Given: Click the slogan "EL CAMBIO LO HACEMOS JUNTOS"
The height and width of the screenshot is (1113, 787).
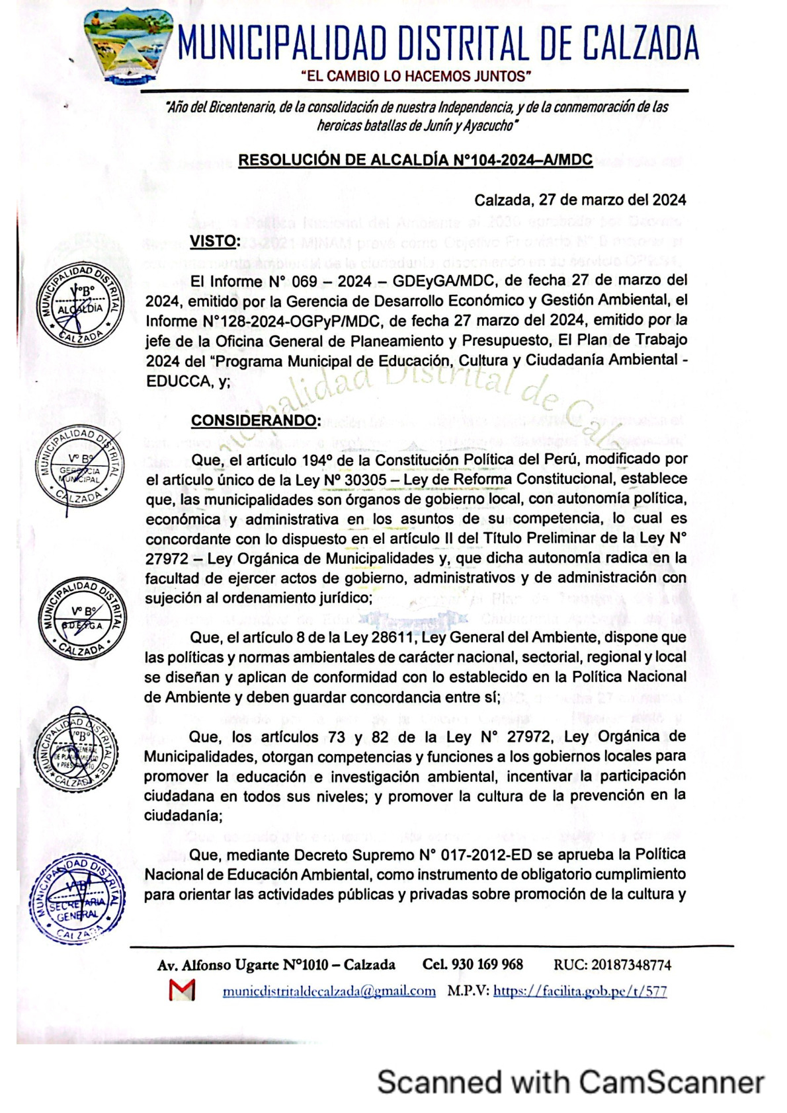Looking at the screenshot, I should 417,77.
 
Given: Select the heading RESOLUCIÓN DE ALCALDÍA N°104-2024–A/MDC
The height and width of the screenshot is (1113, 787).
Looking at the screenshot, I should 415,160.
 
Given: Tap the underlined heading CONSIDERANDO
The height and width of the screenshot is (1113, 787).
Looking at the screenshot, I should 256,420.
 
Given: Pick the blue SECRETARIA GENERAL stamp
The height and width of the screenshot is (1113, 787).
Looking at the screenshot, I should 77,899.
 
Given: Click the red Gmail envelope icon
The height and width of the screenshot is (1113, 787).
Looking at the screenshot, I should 182,990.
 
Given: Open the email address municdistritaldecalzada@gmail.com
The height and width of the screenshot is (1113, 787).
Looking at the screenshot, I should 329,991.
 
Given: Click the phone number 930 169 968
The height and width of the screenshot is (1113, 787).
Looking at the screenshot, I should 487,965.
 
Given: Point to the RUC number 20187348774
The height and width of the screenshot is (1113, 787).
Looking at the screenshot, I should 631,965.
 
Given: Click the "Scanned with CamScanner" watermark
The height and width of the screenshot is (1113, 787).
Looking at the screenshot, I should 570,1083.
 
